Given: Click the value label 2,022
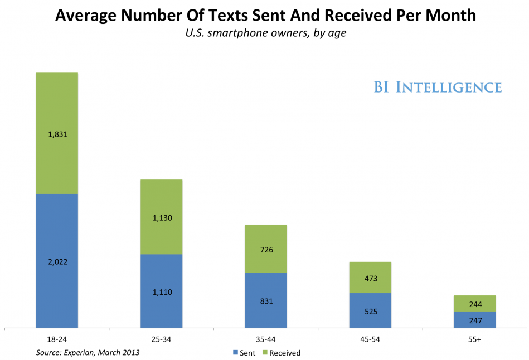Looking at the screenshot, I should click(x=57, y=261).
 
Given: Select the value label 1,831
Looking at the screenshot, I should click(x=57, y=134).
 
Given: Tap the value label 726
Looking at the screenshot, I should click(x=266, y=250).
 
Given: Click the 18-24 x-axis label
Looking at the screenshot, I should click(x=57, y=339).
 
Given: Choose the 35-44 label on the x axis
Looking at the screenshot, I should click(x=266, y=339).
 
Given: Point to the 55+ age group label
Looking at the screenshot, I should click(x=474, y=339).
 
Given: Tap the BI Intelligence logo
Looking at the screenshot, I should click(x=438, y=87).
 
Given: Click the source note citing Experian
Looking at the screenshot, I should click(x=88, y=352).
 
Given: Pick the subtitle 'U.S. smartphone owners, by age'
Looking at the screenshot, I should click(x=265, y=33).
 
